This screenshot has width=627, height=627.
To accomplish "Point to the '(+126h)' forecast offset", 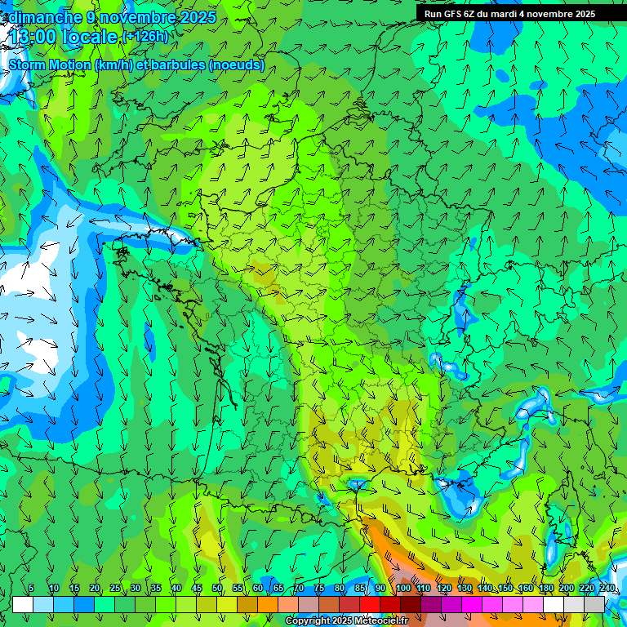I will [x=145, y=37].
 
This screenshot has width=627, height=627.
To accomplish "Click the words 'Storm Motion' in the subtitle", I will [x=49, y=64].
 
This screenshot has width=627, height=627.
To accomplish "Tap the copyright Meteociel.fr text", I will [x=346, y=621].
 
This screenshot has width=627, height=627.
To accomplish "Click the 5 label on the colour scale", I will [x=31, y=588].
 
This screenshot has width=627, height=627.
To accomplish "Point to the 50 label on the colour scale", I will [x=217, y=588].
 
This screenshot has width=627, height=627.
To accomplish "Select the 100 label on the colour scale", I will [x=402, y=588].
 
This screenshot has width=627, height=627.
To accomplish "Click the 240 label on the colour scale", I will [x=607, y=588].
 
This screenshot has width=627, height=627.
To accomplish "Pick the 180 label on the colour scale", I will [x=545, y=588].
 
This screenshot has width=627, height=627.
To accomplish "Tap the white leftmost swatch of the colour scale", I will [x=23, y=604].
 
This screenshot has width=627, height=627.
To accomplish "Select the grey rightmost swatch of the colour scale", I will [x=594, y=604].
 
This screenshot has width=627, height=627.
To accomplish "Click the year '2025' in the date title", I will [x=198, y=16].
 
